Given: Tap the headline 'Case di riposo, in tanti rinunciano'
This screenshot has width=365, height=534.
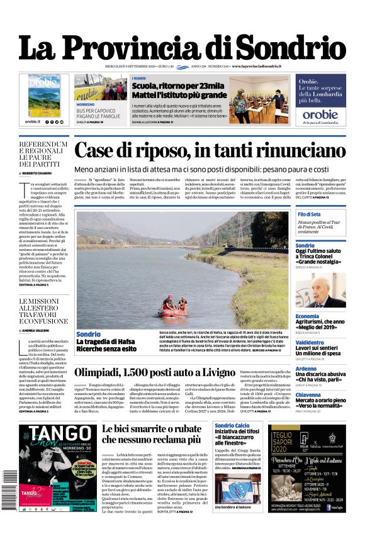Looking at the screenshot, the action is tap(210, 151).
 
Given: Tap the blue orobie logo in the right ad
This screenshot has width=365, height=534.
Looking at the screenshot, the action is tap(320, 114).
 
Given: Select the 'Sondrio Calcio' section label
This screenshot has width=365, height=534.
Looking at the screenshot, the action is tap(233, 426).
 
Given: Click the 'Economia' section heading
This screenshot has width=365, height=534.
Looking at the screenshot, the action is tap(307, 316).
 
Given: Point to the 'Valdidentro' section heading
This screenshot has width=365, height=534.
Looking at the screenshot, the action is tap(310, 343).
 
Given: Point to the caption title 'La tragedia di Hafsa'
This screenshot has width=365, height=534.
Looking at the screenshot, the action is tap(106, 342).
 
